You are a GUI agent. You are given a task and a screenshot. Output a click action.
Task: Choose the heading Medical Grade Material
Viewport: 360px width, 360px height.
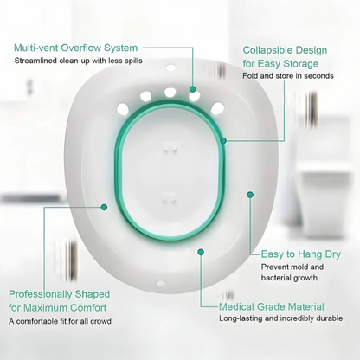point(271,306)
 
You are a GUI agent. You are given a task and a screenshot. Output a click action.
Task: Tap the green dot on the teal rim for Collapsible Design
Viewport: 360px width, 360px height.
point(223,138)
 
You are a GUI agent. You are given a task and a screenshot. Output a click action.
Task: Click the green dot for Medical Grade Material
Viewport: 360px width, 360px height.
point(201,251)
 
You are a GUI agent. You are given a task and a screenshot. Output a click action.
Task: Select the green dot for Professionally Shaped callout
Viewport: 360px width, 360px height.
point(104,207)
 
